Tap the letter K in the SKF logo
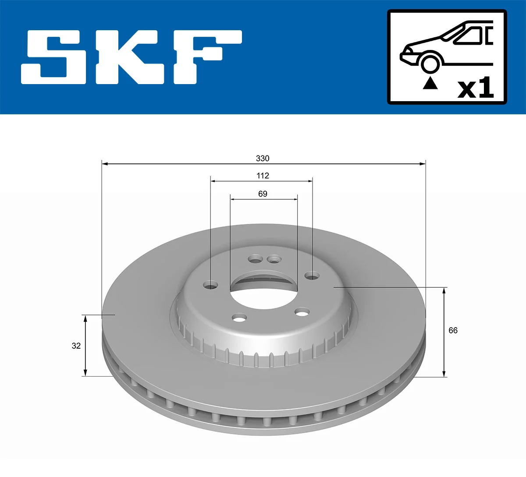[131, 57]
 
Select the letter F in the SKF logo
[206, 57]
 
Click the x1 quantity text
[476, 88]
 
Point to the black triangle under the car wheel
[430, 83]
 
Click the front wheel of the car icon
[430, 63]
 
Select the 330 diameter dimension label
[263, 158]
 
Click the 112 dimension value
[263, 176]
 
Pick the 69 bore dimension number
[263, 194]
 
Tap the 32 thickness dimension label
[76, 346]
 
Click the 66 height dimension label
[453, 330]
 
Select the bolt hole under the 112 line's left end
[211, 286]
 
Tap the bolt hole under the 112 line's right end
[312, 276]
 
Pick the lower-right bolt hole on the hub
[302, 312]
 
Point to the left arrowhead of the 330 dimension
[105, 164]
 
